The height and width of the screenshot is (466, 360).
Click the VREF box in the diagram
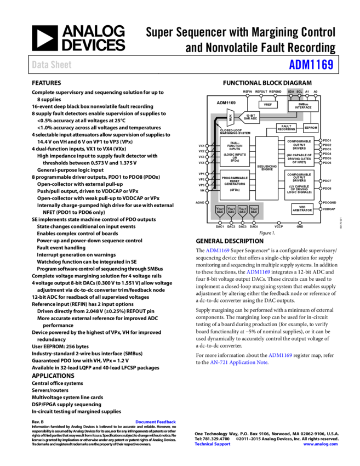268,104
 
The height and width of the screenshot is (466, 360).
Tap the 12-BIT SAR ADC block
251,117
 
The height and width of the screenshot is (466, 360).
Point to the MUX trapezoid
231,117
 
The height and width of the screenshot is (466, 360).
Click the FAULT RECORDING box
286,128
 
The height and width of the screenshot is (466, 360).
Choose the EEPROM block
311,128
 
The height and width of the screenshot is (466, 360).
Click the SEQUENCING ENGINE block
267,168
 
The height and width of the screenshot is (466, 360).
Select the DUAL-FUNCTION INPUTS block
235,152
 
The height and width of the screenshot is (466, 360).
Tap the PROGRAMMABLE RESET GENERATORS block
235,184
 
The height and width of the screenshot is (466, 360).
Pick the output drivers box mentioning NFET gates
299,152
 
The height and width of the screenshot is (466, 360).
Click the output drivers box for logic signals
299,184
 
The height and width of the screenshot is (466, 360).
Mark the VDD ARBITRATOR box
302,208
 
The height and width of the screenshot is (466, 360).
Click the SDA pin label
291,91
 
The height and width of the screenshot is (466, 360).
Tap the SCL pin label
300,91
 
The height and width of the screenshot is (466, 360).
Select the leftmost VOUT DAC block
220,210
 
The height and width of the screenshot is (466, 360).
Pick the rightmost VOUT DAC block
254,210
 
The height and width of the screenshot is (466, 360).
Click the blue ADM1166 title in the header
311,65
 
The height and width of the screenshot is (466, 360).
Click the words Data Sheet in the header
52,65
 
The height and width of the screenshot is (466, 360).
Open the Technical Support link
213,444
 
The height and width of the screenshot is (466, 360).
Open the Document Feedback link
156,422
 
